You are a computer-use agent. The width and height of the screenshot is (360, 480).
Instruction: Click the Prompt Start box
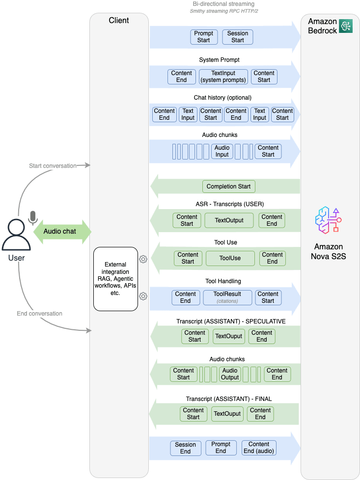pyautogui.click(x=204, y=37)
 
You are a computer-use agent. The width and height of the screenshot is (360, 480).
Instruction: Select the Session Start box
pyautogui.click(x=238, y=37)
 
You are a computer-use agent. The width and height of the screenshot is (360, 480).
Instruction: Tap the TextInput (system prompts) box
pyautogui.click(x=223, y=77)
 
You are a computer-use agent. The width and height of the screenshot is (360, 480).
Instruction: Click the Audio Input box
pyautogui.click(x=222, y=151)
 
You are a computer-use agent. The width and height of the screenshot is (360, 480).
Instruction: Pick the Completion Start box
pyautogui.click(x=228, y=187)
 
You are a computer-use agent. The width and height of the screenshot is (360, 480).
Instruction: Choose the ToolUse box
pyautogui.click(x=230, y=258)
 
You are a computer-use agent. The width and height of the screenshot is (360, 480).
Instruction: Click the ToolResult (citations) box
pyautogui.click(x=227, y=297)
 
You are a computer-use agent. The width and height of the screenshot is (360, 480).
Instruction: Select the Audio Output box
pyautogui.click(x=230, y=374)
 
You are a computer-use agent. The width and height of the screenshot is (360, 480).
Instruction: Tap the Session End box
pyautogui.click(x=185, y=448)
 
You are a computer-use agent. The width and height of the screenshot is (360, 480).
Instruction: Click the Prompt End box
pyautogui.click(x=221, y=448)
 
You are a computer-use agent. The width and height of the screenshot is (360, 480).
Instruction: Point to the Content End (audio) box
pyautogui.click(x=259, y=448)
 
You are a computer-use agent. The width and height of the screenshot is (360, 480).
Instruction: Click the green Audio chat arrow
pyautogui.click(x=62, y=232)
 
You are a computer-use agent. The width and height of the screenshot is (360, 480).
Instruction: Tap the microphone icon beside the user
pyautogui.click(x=33, y=217)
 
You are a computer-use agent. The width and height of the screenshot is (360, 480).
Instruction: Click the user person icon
pyautogui.click(x=16, y=235)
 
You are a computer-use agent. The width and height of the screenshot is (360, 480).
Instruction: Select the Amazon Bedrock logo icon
pyautogui.click(x=345, y=26)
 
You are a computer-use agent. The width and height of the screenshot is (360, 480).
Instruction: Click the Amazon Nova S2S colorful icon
pyautogui.click(x=328, y=220)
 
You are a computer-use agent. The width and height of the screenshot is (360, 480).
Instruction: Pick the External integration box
pyautogui.click(x=115, y=279)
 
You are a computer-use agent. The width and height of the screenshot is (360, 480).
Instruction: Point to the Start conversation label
pyautogui.click(x=53, y=166)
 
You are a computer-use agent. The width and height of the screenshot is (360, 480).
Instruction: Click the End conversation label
pyautogui.click(x=39, y=314)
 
